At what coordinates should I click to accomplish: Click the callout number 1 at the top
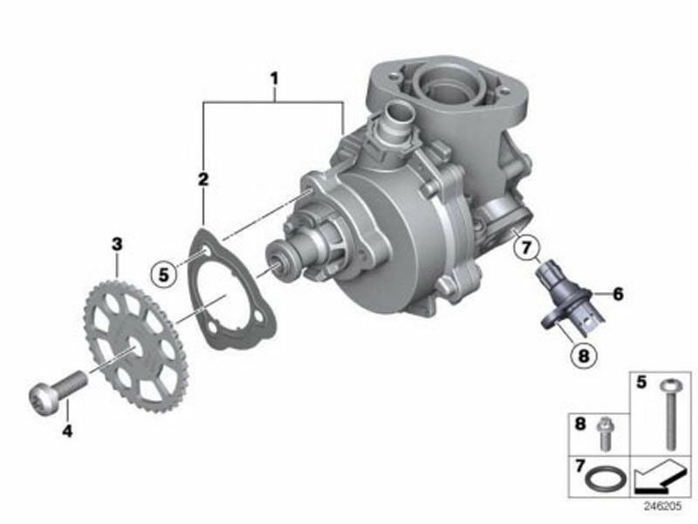[x=274, y=79]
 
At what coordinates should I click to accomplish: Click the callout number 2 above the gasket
[x=203, y=180]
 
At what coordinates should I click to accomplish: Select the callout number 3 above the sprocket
[x=117, y=244]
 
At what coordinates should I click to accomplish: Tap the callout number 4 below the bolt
[x=67, y=431]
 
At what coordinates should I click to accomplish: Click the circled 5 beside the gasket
[x=164, y=275]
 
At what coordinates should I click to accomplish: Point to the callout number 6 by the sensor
[x=618, y=294]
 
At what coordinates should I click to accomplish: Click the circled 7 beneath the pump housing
[x=527, y=248]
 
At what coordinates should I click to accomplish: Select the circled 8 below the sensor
[x=583, y=356]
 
